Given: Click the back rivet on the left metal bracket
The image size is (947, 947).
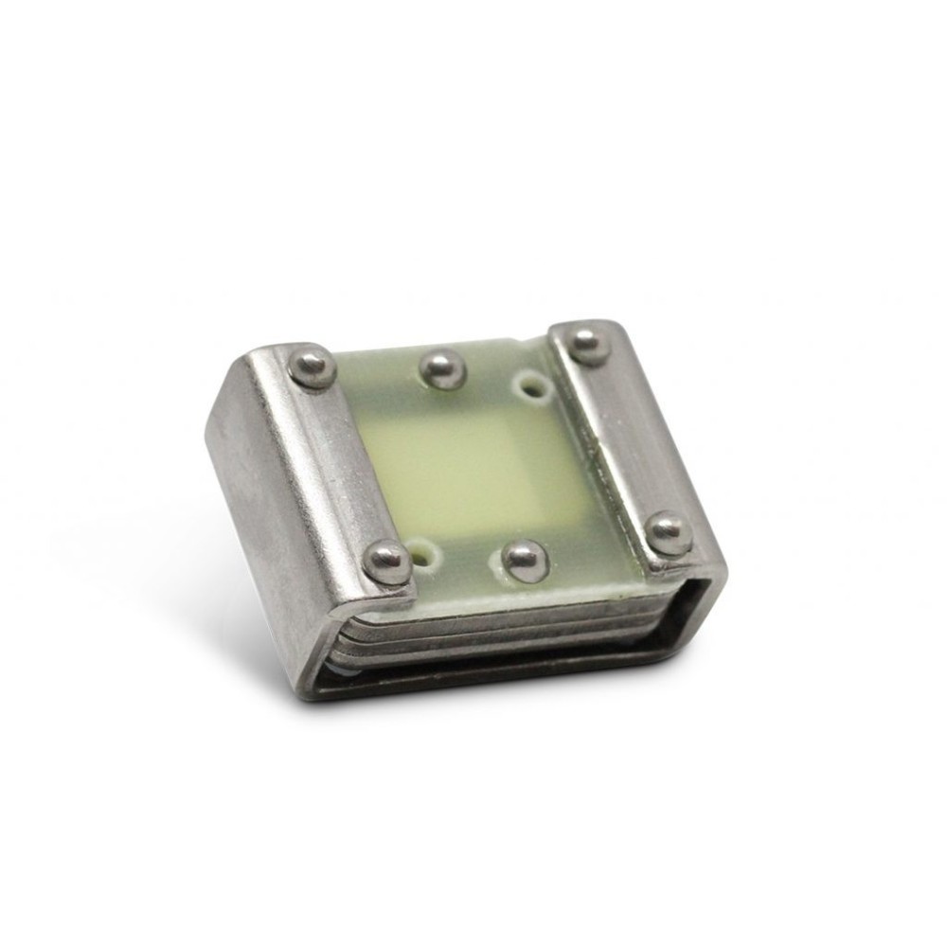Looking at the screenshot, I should pos(312,366).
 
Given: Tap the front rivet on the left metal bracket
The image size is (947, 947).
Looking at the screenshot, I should pos(387,562).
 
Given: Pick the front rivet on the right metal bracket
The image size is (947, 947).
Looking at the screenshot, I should pos(669,532).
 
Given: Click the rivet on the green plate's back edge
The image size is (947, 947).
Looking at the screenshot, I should pos(442,368).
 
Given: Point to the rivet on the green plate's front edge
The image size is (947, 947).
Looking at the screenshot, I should pos(525,560).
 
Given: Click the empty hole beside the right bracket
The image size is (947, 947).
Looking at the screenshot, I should pos(532,385).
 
